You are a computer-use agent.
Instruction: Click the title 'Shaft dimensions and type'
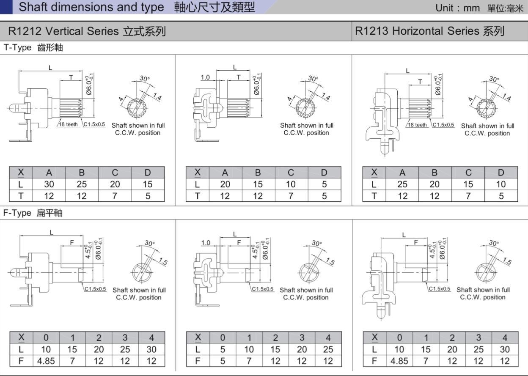(x=91, y=7)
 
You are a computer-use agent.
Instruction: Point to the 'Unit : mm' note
(x=457, y=8)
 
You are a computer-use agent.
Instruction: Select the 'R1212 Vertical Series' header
(x=87, y=31)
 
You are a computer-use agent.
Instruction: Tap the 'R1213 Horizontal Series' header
(x=429, y=31)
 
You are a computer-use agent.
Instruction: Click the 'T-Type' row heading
(x=18, y=48)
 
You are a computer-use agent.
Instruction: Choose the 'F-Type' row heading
(x=17, y=213)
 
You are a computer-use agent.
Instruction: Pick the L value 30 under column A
(x=49, y=184)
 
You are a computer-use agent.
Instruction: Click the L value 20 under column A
(x=225, y=184)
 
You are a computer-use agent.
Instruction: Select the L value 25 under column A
(x=402, y=184)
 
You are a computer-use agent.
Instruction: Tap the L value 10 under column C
(x=291, y=184)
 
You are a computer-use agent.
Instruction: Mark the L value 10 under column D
(x=501, y=184)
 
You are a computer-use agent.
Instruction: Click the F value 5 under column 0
(x=223, y=361)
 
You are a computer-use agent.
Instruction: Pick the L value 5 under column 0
(x=223, y=350)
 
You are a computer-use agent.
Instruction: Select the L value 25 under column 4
(x=328, y=350)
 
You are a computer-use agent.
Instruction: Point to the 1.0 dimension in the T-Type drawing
(x=205, y=77)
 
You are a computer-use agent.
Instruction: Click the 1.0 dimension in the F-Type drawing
(x=206, y=243)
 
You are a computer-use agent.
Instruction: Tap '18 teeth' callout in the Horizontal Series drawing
(x=418, y=125)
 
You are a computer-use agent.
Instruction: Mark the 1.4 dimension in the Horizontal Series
(x=506, y=98)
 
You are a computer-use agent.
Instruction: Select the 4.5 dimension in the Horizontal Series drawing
(x=432, y=250)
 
